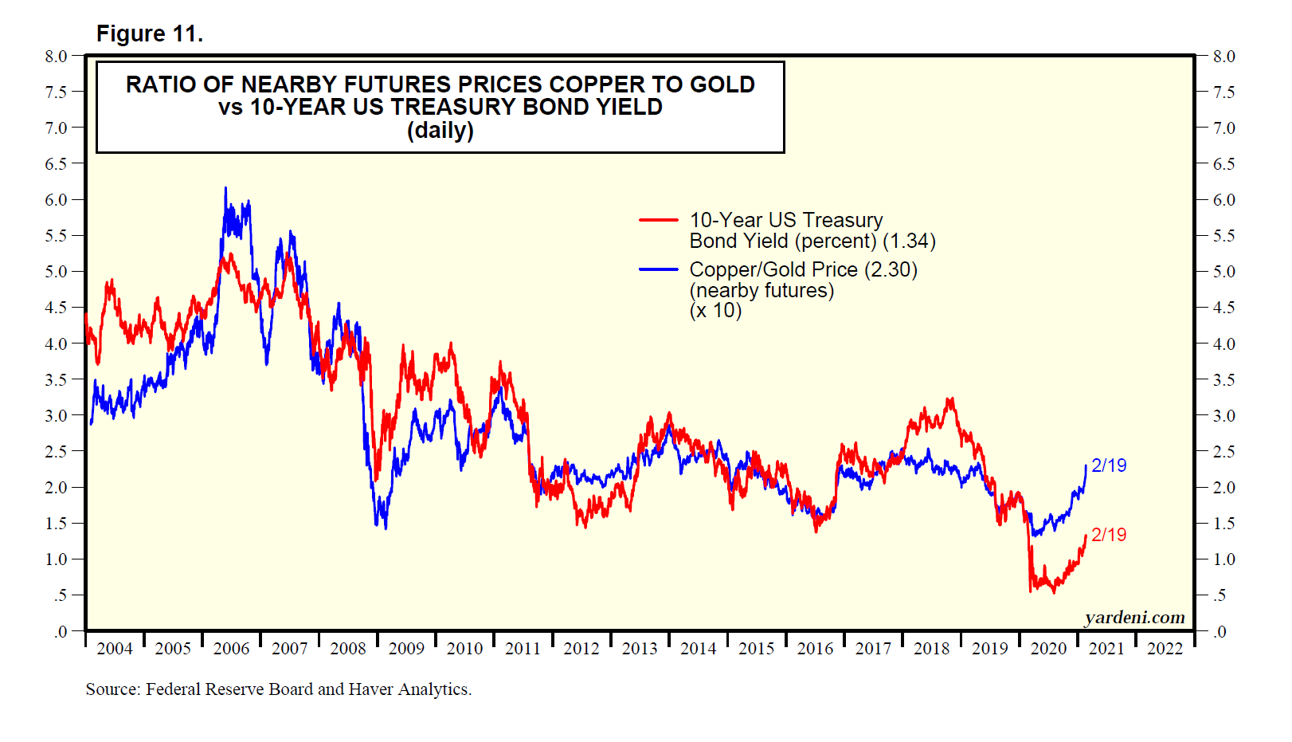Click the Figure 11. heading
[149, 33]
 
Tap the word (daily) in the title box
[440, 130]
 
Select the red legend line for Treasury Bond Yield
[659, 220]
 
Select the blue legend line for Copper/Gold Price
[659, 269]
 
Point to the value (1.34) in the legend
[909, 241]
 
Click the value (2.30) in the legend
[891, 269]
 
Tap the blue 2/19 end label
[1109, 465]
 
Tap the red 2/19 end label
[1109, 535]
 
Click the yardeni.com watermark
[1134, 618]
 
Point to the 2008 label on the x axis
[348, 649]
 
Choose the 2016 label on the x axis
[815, 649]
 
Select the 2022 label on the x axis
[1165, 649]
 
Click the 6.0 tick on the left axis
[57, 200]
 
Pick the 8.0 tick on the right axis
[1223, 57]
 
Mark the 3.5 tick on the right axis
[1223, 380]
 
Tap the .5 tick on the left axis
[61, 595]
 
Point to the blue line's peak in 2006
[225, 188]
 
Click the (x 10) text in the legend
[715, 311]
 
